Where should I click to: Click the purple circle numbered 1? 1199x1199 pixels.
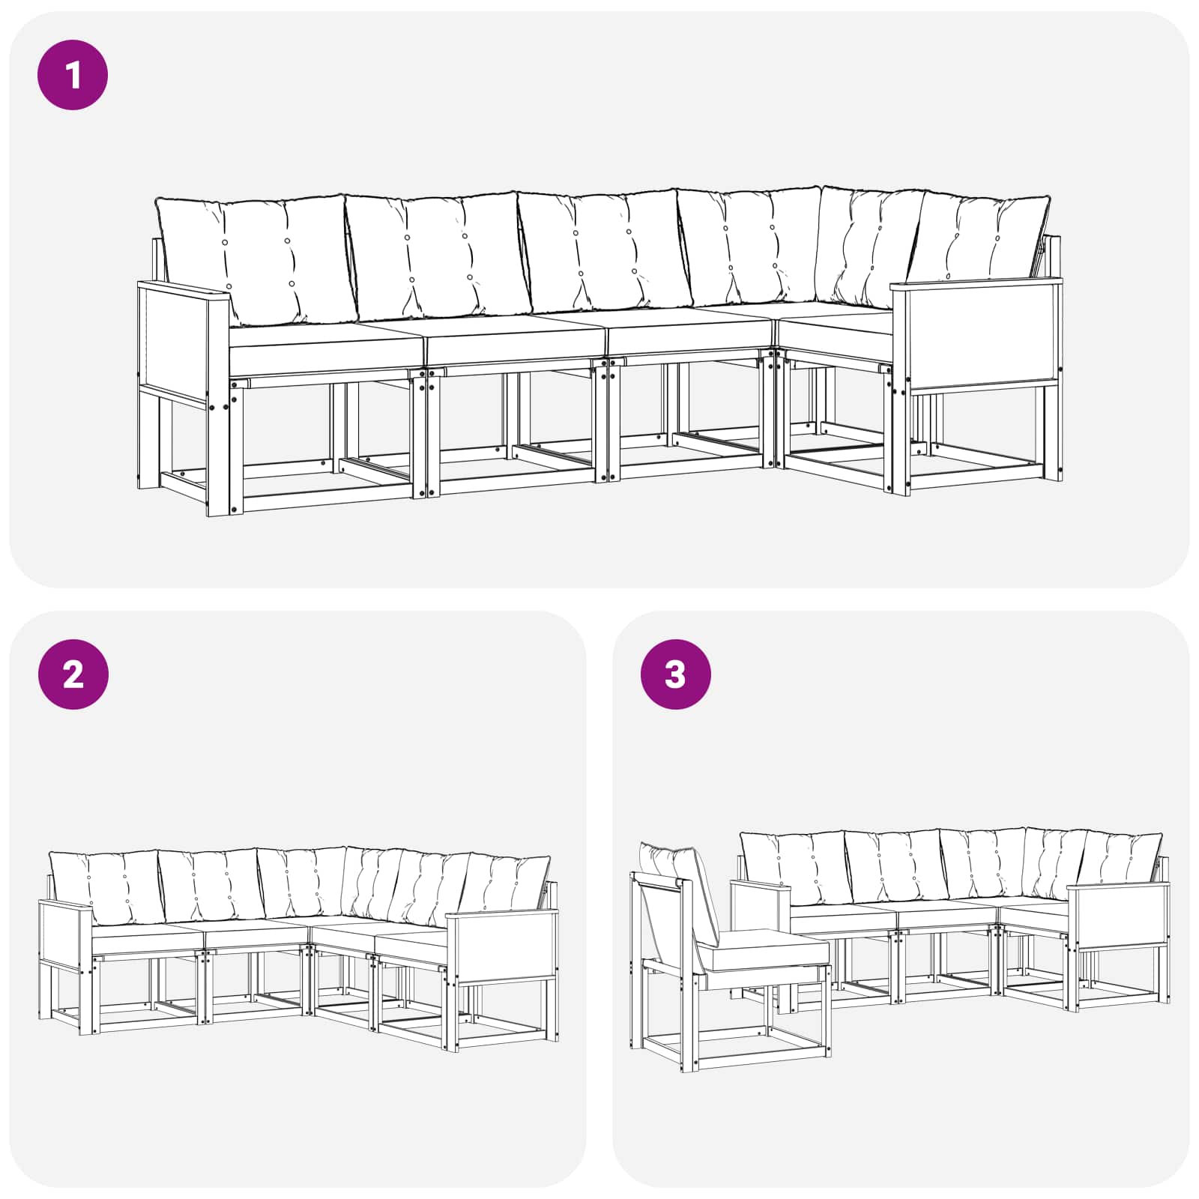point(73,76)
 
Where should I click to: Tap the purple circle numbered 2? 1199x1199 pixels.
point(73,674)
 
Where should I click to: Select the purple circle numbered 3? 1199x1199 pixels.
point(675,674)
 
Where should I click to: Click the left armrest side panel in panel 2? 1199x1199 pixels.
point(64,933)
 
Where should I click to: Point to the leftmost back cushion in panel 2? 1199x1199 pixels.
point(105,888)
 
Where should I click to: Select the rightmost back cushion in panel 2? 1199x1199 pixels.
point(510,884)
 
